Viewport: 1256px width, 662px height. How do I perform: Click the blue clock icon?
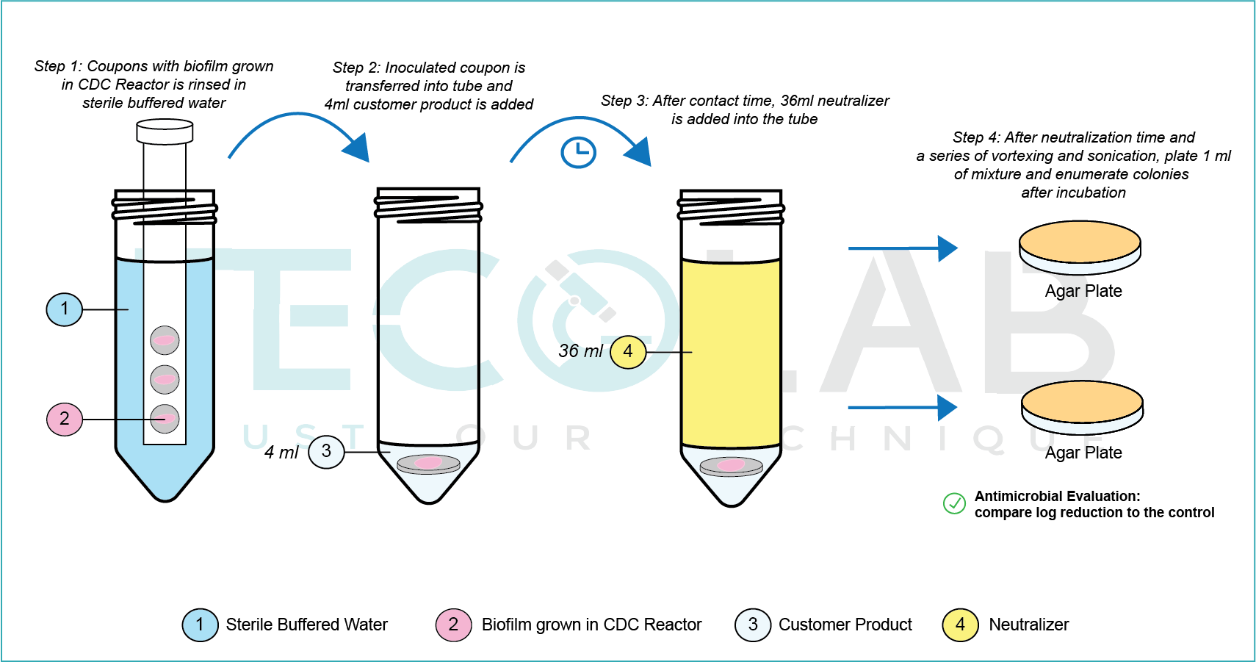coord(578,153)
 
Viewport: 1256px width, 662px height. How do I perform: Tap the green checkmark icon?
coord(954,503)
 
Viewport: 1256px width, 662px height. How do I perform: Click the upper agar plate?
coord(1080,248)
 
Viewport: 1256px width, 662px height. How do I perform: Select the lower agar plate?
coord(1082,407)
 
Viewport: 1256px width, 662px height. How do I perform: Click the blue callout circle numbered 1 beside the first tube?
coord(65,309)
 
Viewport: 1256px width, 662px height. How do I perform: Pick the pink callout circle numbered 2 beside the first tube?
coord(65,419)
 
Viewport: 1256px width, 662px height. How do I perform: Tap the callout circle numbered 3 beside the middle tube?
coord(326,451)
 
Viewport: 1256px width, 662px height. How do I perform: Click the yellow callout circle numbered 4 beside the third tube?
coord(628,351)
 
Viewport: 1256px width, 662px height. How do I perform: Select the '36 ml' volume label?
coord(580,351)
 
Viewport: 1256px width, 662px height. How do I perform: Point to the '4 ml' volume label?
coord(281,453)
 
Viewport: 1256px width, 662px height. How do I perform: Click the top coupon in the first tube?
coord(165,340)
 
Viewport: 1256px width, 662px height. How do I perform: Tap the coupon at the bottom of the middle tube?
coord(428,464)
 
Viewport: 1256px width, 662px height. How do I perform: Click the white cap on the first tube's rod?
coord(165,132)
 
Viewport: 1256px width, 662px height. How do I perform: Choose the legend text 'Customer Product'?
coord(845,625)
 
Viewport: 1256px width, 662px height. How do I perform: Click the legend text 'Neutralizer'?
coord(1028,625)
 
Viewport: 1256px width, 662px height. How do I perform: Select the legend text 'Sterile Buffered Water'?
coord(306,625)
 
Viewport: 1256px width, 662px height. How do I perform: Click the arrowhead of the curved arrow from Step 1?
coord(358,148)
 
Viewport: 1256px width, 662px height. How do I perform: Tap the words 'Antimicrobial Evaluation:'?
coord(1057,496)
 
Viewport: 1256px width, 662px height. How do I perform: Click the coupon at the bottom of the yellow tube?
coord(731,466)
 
